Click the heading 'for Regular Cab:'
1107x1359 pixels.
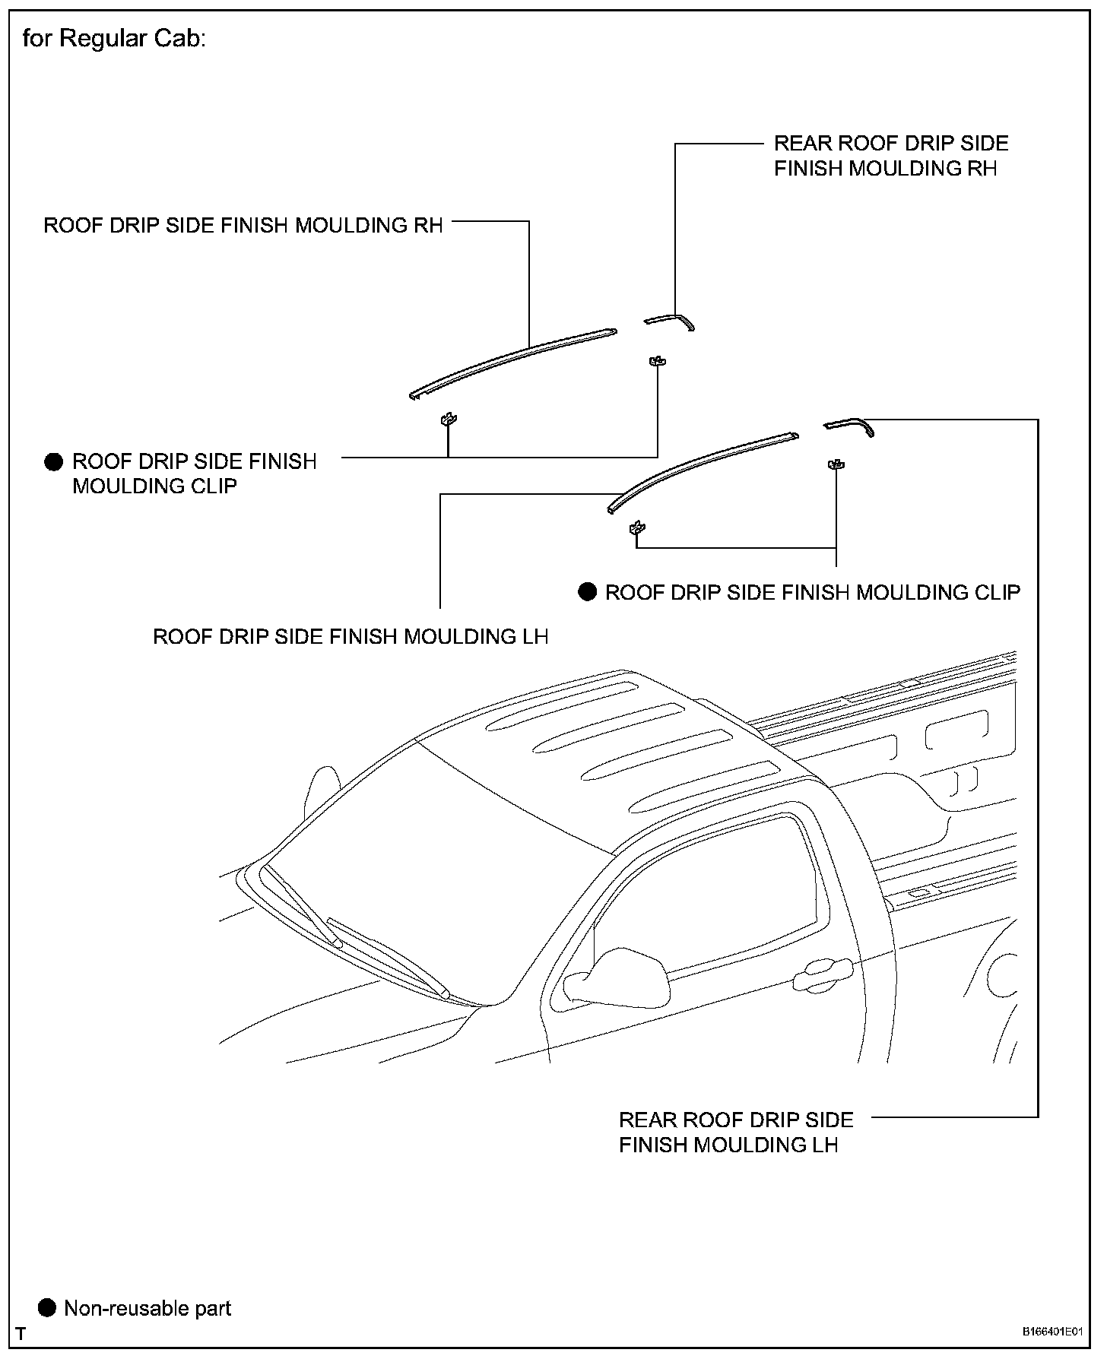point(114,38)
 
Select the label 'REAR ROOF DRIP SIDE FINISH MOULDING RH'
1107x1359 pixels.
point(890,156)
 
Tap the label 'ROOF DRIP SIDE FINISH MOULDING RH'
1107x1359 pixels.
point(243,226)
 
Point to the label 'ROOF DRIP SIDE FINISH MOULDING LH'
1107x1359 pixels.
point(350,636)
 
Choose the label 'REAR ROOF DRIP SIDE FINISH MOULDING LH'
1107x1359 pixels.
point(735,1132)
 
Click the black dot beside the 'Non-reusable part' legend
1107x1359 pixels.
point(47,1308)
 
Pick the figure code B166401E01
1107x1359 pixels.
point(1051,1332)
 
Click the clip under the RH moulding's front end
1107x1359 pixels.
point(449,419)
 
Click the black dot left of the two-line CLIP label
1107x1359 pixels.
point(53,462)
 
